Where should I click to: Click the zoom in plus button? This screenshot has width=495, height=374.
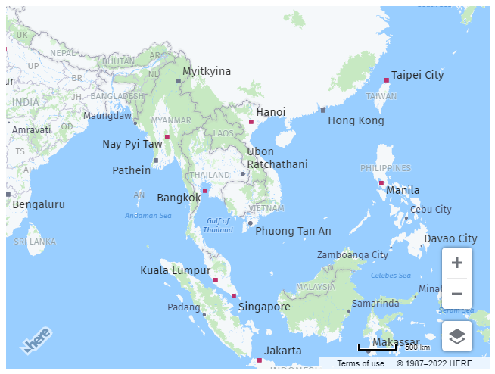tap(457, 263)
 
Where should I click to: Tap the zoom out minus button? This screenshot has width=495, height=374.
tap(457, 294)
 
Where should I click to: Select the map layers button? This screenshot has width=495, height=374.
tap(457, 336)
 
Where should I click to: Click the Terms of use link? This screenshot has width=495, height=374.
tap(360, 363)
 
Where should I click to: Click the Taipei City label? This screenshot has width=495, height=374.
tap(417, 75)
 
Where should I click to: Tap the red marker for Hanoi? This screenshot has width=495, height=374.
tap(251, 121)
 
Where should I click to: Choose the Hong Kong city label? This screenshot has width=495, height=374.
tap(356, 120)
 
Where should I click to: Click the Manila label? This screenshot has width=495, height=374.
tap(403, 190)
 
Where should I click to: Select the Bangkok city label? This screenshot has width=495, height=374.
tap(179, 198)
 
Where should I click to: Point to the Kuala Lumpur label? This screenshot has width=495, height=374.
tap(175, 270)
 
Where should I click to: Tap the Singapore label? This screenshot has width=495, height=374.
tap(264, 307)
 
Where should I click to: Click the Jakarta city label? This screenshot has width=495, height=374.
tap(283, 351)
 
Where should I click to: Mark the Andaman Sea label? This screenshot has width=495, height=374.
tap(148, 216)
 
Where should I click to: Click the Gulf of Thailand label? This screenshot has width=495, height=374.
tap(218, 225)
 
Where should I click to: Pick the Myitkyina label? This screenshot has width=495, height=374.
tap(207, 71)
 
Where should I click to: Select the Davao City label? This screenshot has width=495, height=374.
tap(450, 238)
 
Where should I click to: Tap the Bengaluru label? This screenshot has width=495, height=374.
tap(39, 204)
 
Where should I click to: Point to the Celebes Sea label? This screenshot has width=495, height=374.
tap(391, 276)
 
